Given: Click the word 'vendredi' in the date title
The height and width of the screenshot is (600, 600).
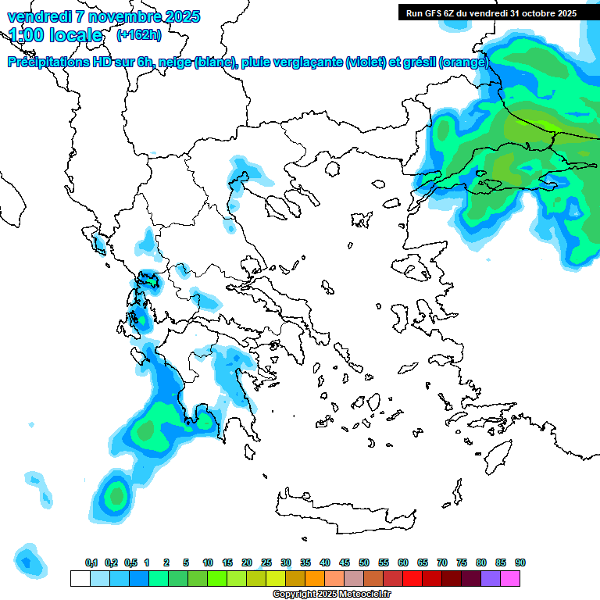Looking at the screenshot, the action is (38, 16).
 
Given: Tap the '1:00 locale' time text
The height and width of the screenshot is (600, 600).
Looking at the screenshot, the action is (55, 35).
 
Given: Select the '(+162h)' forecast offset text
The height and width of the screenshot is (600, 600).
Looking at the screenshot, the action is (138, 34).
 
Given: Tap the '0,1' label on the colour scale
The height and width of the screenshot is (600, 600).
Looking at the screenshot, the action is (91, 563).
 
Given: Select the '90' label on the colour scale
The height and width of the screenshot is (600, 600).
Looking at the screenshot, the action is (520, 563).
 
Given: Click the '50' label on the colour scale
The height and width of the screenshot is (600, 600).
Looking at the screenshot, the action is (364, 563).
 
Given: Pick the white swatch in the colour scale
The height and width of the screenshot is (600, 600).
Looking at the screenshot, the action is (80, 578).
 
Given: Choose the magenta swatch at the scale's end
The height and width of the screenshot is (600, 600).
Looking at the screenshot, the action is (511, 578).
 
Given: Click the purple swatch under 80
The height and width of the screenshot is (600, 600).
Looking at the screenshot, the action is (491, 578).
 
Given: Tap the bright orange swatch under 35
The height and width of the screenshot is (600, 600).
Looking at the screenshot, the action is (315, 578).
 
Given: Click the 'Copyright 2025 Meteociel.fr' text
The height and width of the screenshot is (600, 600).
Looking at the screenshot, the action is (331, 595).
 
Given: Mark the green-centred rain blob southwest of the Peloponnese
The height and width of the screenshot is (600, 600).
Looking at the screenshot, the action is (117, 495).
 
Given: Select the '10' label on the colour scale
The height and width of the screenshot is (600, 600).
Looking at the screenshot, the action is (208, 563).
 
